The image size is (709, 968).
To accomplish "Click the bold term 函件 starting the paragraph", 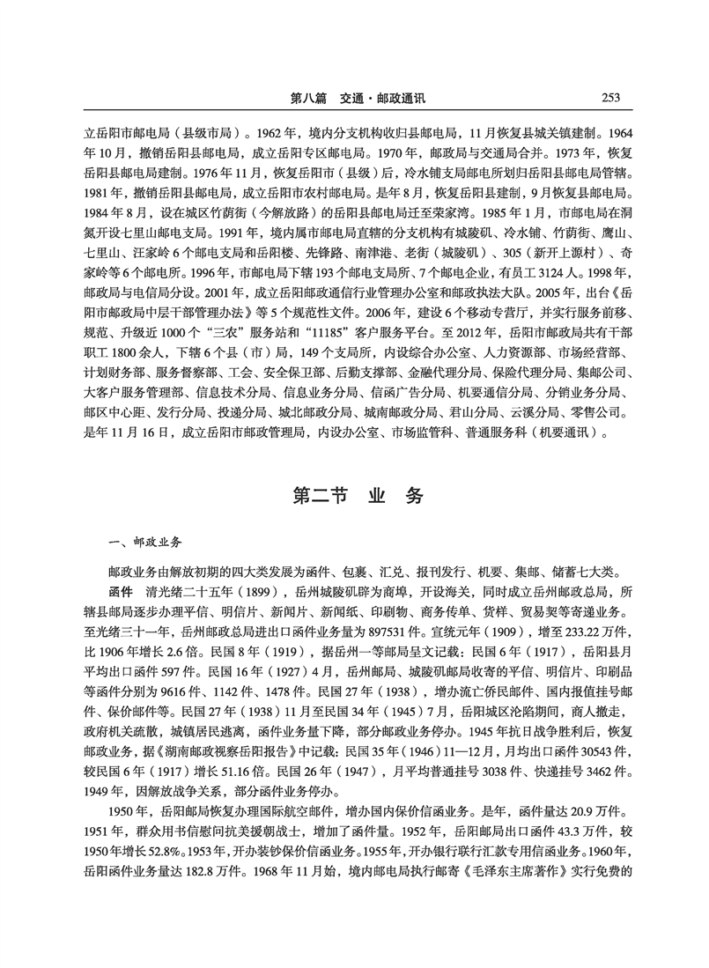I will pos(120,589).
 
